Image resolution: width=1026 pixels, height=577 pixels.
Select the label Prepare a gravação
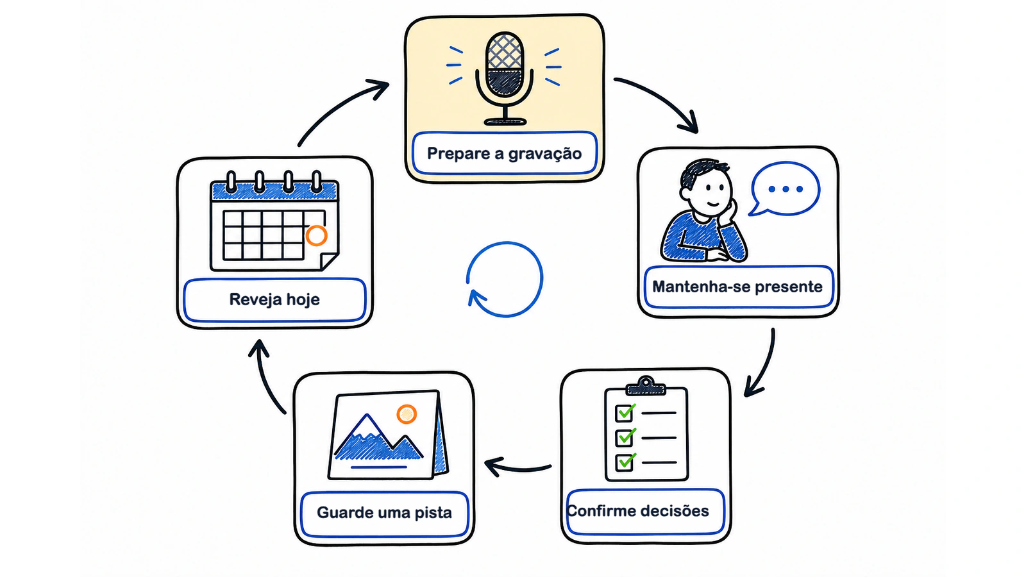504,153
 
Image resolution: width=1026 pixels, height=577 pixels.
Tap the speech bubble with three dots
785,188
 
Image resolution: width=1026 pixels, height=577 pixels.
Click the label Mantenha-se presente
737,287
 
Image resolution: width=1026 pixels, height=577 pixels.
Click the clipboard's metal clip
646,386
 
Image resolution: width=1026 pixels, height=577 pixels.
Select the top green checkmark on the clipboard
626,411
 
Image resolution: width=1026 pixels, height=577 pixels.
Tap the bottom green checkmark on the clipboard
626,461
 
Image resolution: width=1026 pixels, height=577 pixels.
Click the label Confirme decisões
637,510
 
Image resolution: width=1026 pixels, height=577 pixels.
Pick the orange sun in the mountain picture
407,414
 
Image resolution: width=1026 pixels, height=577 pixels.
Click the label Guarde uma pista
384,512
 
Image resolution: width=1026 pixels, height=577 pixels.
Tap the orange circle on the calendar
317,235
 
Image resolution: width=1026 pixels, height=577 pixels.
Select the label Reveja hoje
274,299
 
